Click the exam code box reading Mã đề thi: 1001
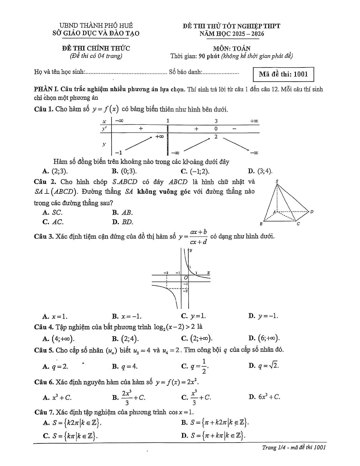tap(283, 74)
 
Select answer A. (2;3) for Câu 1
tap(55, 171)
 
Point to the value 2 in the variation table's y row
tap(216, 137)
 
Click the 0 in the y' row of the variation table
tap(216, 129)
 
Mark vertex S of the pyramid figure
tap(277, 181)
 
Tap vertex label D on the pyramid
tap(312, 212)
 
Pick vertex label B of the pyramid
tap(261, 224)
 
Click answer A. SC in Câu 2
tap(53, 212)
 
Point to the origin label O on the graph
tap(186, 278)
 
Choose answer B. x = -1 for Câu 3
tap(127, 316)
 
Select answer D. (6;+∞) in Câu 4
tap(264, 338)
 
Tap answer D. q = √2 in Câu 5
tap(264, 366)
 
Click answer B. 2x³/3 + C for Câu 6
tap(129, 397)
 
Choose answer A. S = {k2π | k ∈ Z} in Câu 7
tap(72, 423)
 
